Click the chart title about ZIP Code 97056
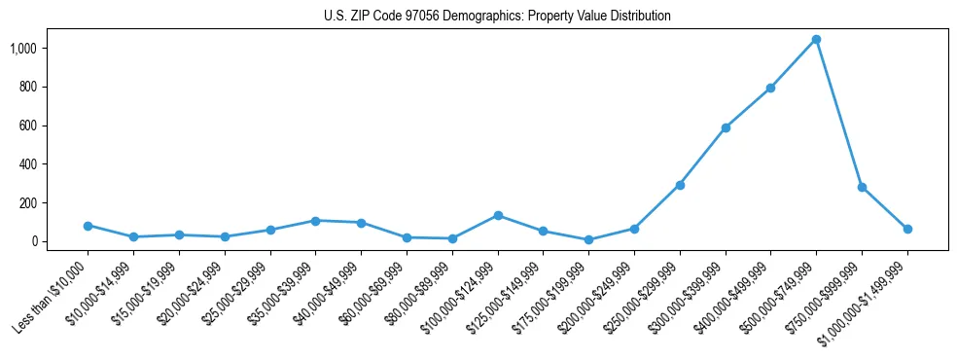497,17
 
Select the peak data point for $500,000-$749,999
816,40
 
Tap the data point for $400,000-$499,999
770,89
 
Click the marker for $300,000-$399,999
726,127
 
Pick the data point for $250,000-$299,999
680,185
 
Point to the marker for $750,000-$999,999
862,187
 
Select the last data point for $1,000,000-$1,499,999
907,229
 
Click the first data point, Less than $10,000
88,226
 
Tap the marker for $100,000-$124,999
498,215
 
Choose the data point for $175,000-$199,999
588,239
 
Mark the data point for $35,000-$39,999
315,221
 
